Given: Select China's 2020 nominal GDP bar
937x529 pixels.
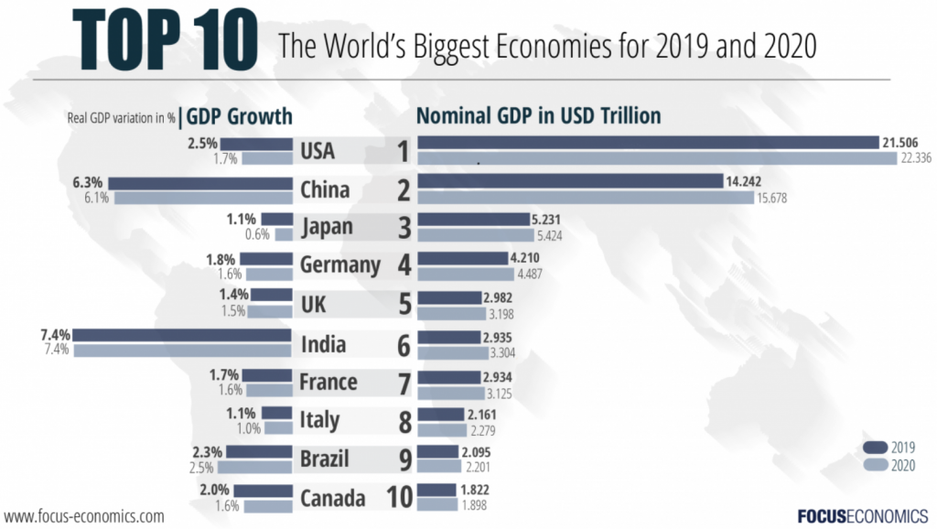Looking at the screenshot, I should [x=586, y=198].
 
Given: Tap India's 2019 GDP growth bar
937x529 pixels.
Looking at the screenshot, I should [x=182, y=334].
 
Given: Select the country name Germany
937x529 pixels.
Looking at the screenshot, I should [x=339, y=265].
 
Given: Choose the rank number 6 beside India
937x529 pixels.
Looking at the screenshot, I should [x=402, y=344].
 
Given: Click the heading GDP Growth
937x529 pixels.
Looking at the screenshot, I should [x=239, y=116].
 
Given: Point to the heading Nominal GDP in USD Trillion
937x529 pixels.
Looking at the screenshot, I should [x=539, y=116].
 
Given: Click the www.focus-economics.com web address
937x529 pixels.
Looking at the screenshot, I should [x=84, y=515].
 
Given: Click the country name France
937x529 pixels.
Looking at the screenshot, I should [x=328, y=382].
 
